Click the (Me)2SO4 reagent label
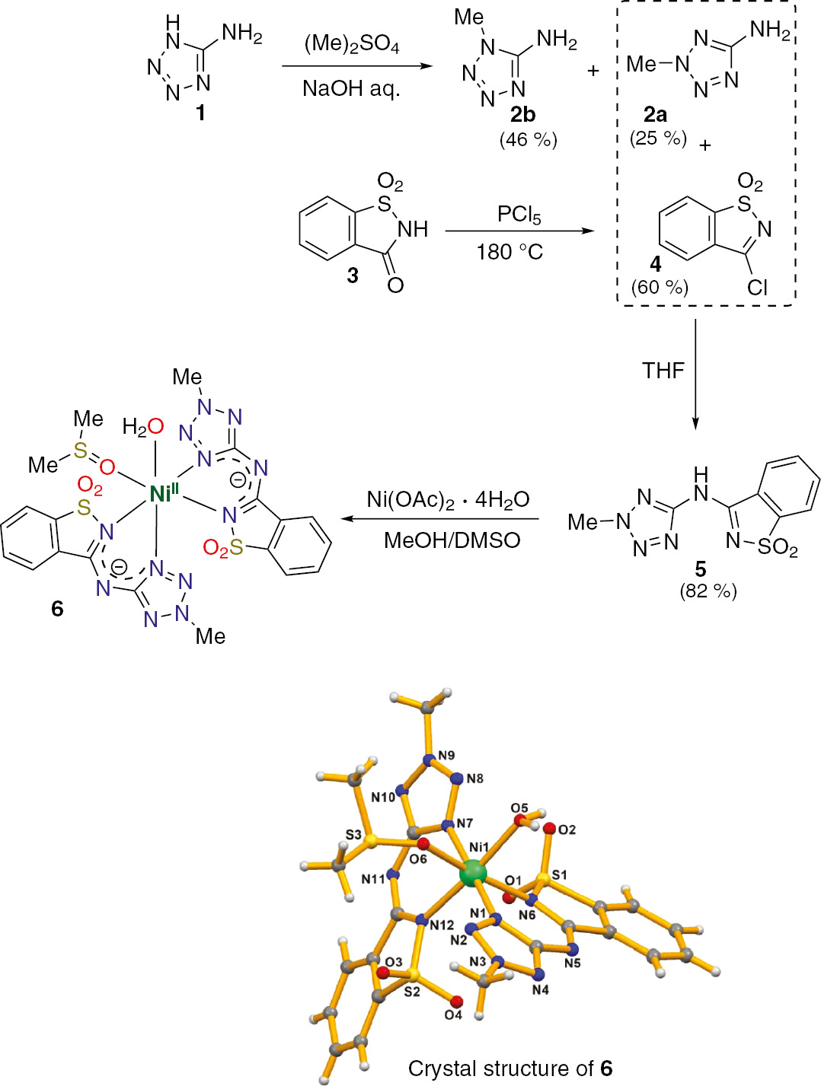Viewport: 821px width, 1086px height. pos(351,45)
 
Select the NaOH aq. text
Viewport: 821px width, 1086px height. pos(351,89)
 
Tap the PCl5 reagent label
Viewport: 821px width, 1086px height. pos(519,215)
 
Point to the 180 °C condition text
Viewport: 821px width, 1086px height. pos(510,252)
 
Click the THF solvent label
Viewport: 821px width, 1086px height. pos(663,371)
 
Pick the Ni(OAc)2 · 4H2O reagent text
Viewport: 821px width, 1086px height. pos(448,499)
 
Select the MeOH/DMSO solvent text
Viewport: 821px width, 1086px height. pos(452,540)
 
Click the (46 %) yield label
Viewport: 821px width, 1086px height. pos(529,140)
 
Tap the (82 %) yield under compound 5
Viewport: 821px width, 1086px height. pos(708,591)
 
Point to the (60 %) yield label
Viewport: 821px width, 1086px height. pos(660,287)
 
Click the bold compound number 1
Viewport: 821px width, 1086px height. pos(200,113)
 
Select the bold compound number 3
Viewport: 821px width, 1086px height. pos(353,275)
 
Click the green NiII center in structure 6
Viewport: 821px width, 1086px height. pos(162,493)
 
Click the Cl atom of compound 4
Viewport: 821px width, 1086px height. pos(757,287)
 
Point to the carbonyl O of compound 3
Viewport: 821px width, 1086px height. pos(395,285)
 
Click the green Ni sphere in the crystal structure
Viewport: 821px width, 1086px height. pos(474,872)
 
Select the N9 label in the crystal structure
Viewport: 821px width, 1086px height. pos(446,755)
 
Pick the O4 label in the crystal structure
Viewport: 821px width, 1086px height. pos(453,1014)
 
